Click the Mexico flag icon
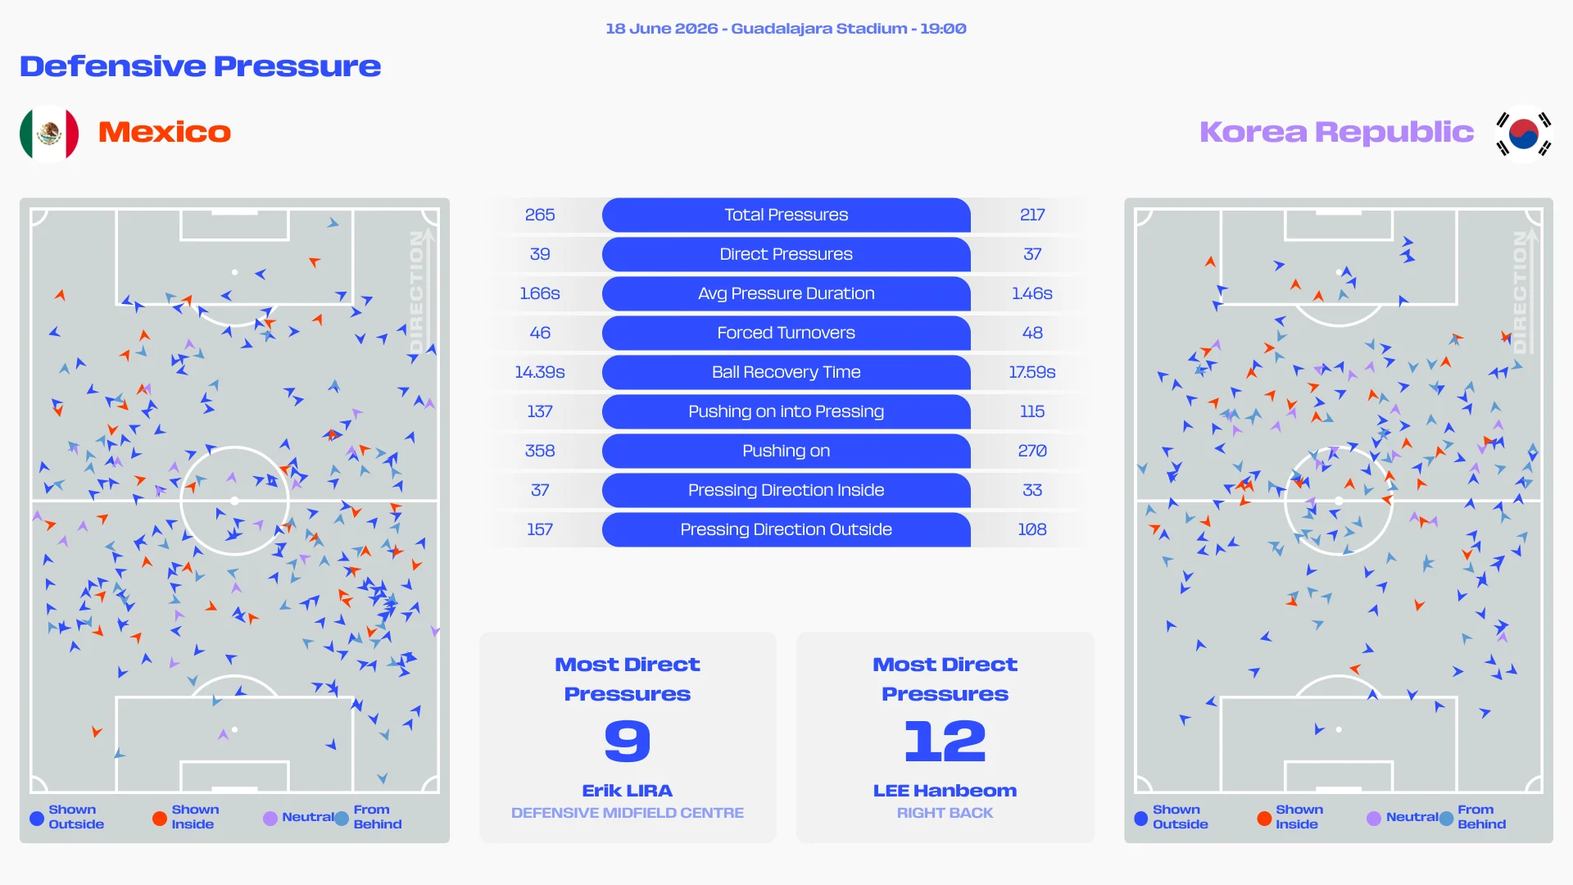[49, 133]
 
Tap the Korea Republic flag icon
[1523, 133]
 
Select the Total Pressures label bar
[786, 215]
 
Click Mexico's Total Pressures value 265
[540, 215]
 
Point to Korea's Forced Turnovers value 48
[1032, 333]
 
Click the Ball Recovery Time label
[786, 372]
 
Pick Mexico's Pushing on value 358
[540, 451]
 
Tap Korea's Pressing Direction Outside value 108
[1032, 529]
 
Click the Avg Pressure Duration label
[786, 293]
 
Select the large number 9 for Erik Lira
[628, 741]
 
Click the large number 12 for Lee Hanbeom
[945, 741]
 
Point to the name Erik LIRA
[628, 791]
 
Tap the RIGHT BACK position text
[945, 813]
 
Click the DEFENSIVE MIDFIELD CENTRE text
[628, 813]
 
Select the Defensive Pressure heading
[201, 66]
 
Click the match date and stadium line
[786, 29]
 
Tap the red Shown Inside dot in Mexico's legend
[160, 818]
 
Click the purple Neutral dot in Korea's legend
[1374, 818]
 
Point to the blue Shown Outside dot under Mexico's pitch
[37, 818]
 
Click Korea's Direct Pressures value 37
[1032, 254]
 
